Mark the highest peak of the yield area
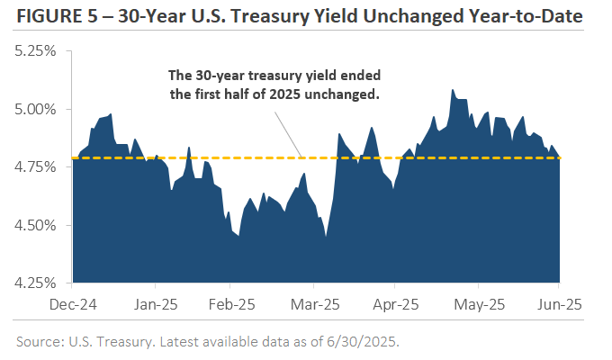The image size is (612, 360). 453,89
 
